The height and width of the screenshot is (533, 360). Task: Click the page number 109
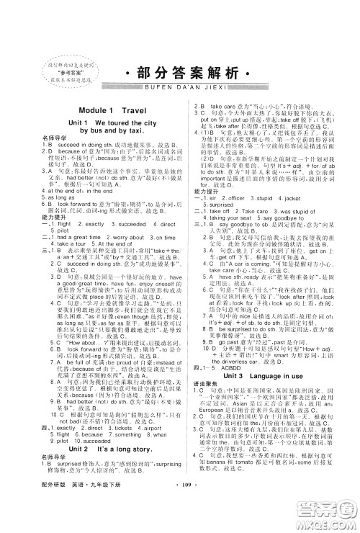click(181, 516)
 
